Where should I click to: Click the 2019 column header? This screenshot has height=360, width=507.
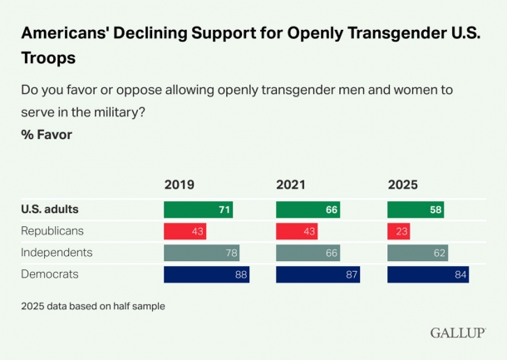click(x=180, y=185)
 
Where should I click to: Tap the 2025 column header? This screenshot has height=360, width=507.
click(x=403, y=185)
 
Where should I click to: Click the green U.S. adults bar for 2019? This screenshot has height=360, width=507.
click(x=198, y=210)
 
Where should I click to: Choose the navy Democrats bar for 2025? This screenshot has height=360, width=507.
click(x=427, y=274)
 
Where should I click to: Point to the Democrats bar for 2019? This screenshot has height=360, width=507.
click(x=206, y=274)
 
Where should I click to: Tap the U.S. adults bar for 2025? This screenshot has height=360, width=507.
click(x=416, y=210)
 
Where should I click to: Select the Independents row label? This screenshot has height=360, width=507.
click(x=57, y=253)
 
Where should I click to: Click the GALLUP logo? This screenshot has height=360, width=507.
click(x=458, y=333)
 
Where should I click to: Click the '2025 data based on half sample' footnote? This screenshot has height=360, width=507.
click(x=93, y=306)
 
